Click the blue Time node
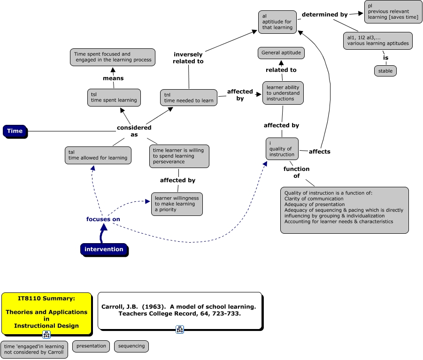pos(15,131)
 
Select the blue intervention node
pos(104,249)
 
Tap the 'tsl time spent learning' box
pos(114,98)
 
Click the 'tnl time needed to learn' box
pos(189,98)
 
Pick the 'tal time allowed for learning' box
pos(98,155)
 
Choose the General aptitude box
pos(281,53)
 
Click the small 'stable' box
pos(385,71)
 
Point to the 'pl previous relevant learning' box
pos(393,11)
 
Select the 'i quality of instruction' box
pos(282,149)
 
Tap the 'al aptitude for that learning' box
pos(277,22)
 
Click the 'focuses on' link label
pos(103,219)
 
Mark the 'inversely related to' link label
pos(188,58)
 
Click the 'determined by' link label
pos(325,15)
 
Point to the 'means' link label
pos(113,78)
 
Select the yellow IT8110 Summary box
pos(46,312)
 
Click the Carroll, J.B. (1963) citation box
pos(179,310)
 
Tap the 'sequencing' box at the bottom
pos(131,346)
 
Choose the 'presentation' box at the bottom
pos(91,346)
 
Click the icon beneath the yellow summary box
pos(46,335)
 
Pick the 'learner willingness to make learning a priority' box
pos(177,204)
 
